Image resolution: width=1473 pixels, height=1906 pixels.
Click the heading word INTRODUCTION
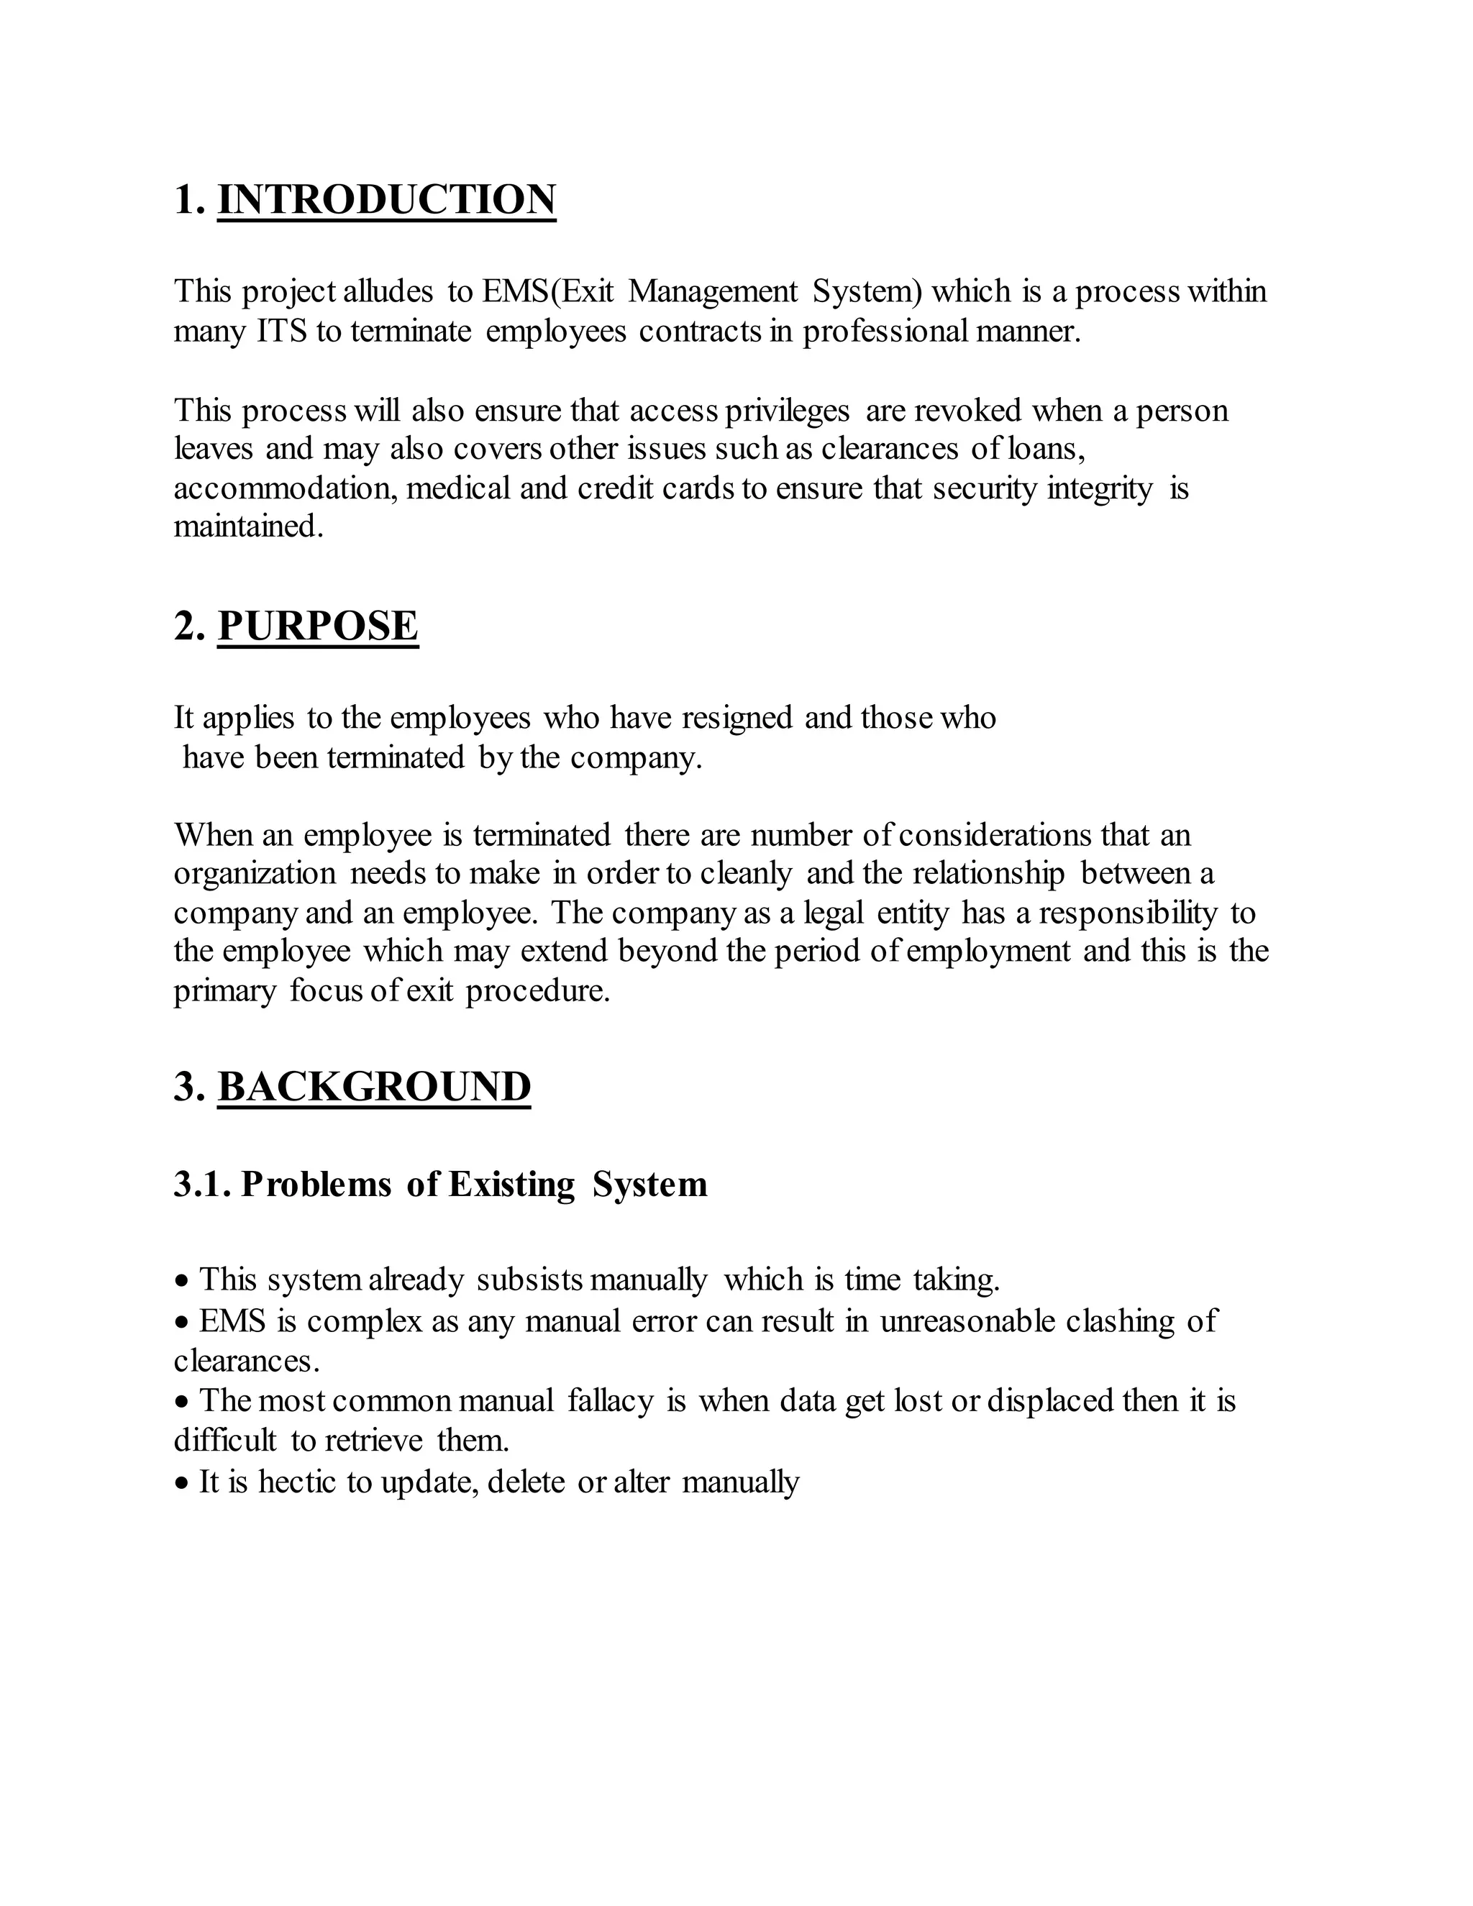click(x=386, y=199)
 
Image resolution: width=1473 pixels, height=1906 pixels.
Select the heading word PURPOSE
click(x=318, y=626)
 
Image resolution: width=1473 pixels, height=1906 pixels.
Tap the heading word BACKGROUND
click(x=373, y=1087)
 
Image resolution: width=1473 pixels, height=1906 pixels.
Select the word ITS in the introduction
click(x=282, y=332)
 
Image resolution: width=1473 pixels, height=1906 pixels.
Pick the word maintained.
click(x=248, y=527)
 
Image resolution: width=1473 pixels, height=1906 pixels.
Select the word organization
click(x=254, y=874)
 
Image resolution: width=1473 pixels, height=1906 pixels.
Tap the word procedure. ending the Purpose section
click(x=537, y=991)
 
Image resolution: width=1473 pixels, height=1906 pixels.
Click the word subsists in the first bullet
click(x=529, y=1280)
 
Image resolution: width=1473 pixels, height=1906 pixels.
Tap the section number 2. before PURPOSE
click(x=188, y=626)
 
